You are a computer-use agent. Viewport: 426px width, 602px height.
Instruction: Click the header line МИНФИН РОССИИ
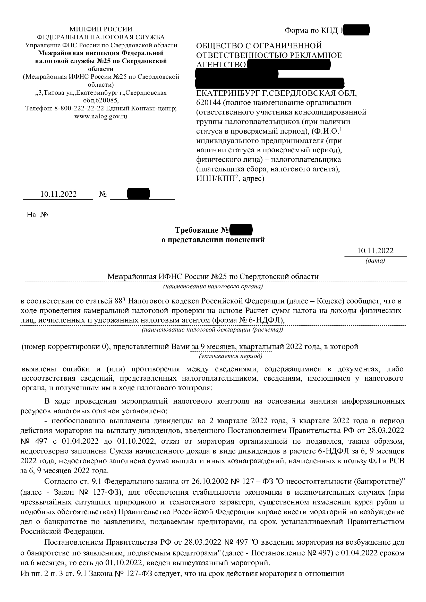point(101,29)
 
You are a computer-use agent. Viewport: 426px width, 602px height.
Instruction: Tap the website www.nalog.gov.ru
point(101,116)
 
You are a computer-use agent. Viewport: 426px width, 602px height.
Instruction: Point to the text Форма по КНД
point(311,31)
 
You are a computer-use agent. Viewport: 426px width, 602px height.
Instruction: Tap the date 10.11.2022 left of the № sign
point(58,194)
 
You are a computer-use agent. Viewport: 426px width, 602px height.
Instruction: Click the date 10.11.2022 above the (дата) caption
point(375,251)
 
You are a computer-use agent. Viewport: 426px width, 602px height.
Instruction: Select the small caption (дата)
point(375,261)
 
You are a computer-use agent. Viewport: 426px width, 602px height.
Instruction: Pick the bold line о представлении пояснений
point(213,240)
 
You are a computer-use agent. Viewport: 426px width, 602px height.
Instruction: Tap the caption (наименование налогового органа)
point(213,286)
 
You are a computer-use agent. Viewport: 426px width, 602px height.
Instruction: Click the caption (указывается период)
point(231,356)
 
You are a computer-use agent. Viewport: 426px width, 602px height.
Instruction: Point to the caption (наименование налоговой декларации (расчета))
point(212,330)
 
